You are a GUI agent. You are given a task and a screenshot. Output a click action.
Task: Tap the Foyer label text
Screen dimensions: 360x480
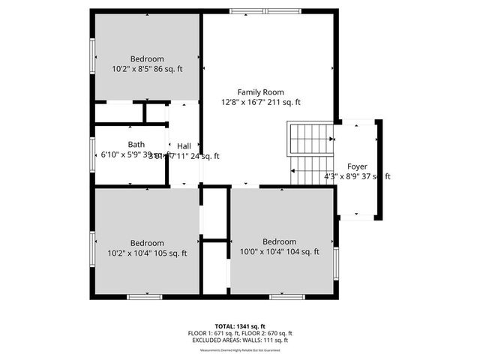[357, 166]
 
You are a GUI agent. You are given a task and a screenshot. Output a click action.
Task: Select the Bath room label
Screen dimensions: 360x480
[136, 145]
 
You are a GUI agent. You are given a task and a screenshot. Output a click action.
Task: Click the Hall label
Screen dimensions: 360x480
[184, 145]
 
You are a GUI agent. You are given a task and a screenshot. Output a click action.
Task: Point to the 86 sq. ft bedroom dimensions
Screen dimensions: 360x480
[147, 69]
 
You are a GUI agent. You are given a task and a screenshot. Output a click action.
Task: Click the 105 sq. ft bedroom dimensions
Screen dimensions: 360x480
[147, 253]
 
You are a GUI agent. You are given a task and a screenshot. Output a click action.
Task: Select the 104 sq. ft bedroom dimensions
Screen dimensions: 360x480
[279, 252]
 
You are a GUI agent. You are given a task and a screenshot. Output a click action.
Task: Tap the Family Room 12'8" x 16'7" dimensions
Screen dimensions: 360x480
[260, 102]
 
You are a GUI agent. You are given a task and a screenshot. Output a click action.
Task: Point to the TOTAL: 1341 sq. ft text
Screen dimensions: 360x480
[240, 326]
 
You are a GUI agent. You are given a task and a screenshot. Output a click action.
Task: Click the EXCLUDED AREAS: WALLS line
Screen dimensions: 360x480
[240, 340]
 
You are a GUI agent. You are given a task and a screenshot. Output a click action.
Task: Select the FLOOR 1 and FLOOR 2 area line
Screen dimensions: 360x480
[240, 333]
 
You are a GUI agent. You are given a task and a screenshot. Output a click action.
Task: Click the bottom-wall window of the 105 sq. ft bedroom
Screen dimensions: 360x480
[145, 297]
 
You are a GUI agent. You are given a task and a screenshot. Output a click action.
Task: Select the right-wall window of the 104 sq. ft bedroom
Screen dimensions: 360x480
[336, 259]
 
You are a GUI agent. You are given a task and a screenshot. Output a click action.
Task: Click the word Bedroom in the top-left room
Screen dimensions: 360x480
[147, 58]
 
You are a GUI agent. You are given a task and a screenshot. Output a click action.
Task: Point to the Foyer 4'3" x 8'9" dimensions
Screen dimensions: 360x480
[357, 177]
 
